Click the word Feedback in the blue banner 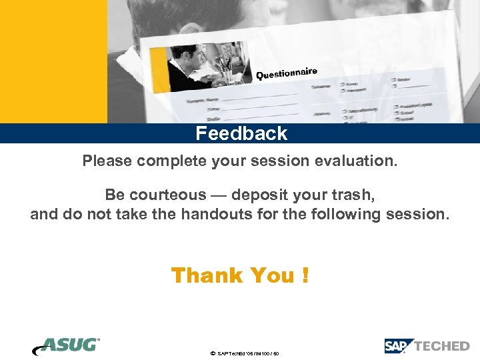point(241,133)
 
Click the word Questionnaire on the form point(286,73)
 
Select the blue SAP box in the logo point(399,346)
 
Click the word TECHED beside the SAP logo point(442,346)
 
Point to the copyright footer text point(245,353)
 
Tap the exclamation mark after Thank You point(305,275)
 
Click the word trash point(353,195)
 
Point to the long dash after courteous point(219,195)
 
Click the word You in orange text point(272,275)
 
